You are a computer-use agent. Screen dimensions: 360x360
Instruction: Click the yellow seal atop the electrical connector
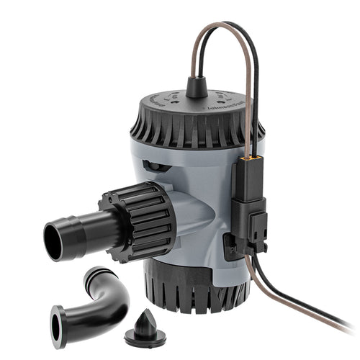tap(248, 156)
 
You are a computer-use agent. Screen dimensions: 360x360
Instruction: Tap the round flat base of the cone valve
tap(145, 336)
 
